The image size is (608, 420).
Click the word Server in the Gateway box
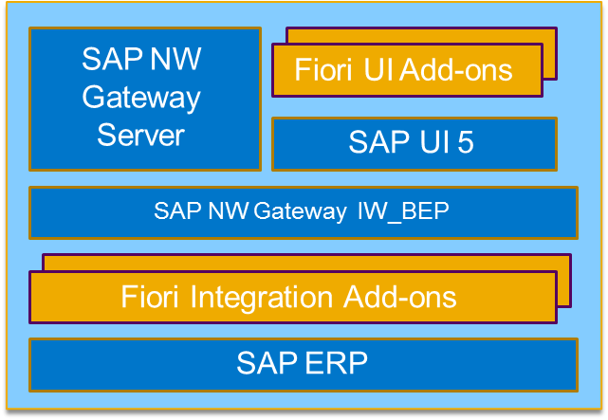140,135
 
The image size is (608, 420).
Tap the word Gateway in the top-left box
141,97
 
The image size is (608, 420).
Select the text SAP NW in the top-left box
141,59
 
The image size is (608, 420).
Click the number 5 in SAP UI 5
464,143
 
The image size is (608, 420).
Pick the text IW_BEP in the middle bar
402,211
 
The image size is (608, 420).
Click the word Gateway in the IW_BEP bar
302,211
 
